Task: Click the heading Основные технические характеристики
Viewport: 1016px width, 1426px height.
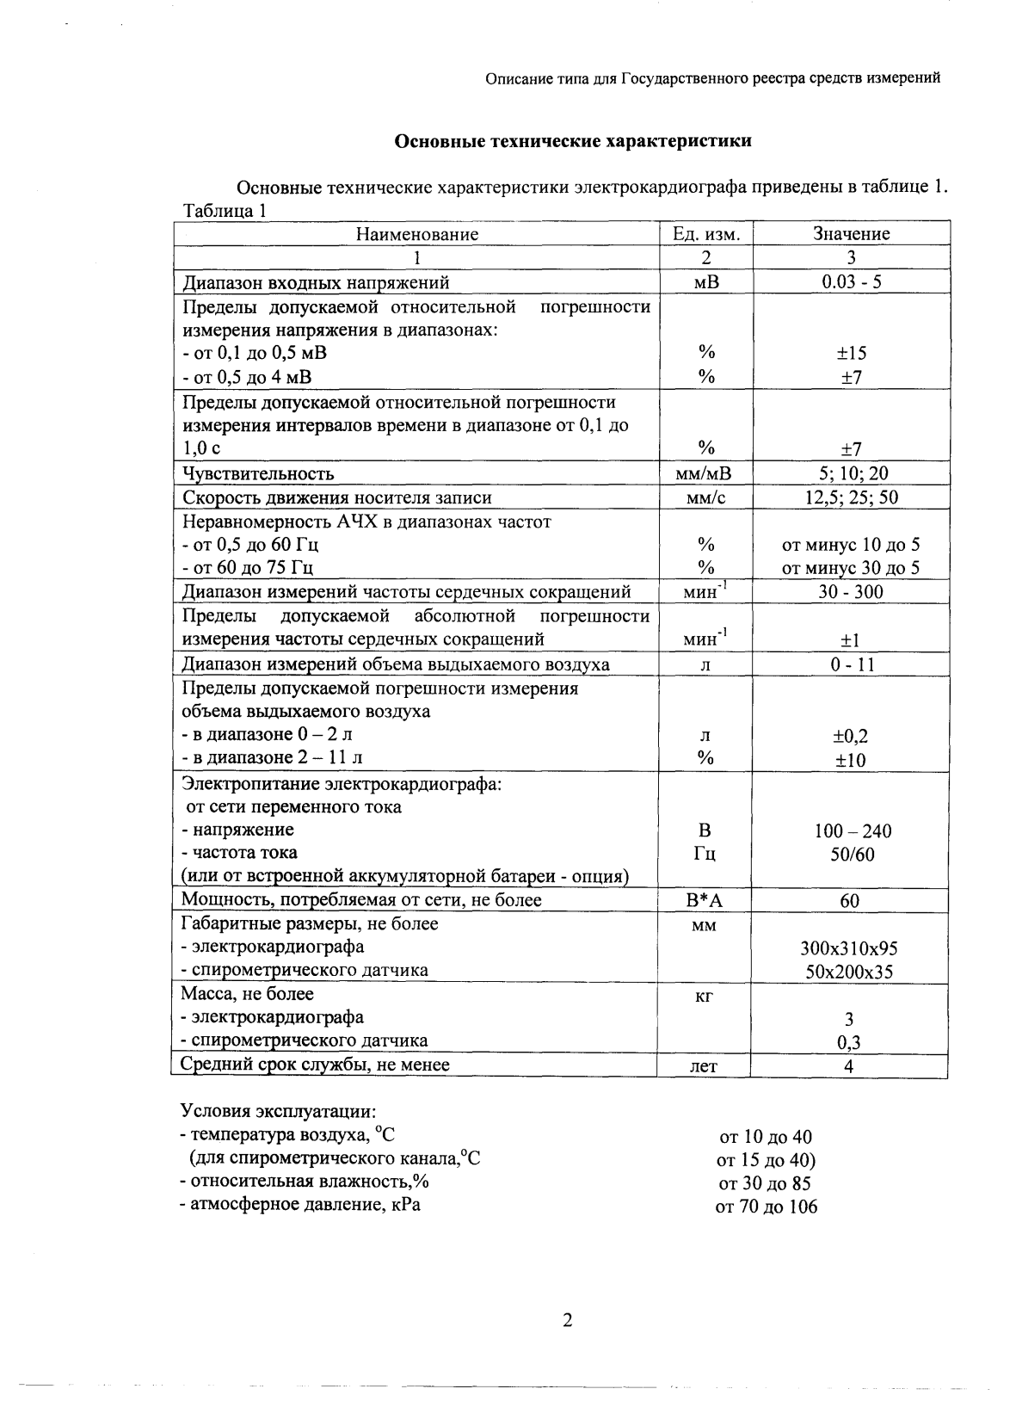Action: point(572,141)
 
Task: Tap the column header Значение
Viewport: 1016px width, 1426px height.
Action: point(851,234)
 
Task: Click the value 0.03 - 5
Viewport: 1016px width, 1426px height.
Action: point(851,282)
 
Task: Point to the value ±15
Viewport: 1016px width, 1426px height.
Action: point(851,353)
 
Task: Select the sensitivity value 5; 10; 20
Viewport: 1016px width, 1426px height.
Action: point(851,473)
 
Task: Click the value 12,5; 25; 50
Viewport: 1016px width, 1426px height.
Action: point(851,497)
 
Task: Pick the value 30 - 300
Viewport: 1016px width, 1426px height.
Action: point(851,592)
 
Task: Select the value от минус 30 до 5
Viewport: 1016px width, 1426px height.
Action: point(851,568)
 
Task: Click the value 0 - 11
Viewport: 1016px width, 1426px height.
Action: point(851,665)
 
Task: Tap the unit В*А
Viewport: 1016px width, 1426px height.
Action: point(705,901)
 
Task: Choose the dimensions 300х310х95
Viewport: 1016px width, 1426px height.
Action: point(848,949)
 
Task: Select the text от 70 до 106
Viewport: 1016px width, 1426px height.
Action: point(766,1207)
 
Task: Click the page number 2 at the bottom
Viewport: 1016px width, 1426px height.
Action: point(567,1321)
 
